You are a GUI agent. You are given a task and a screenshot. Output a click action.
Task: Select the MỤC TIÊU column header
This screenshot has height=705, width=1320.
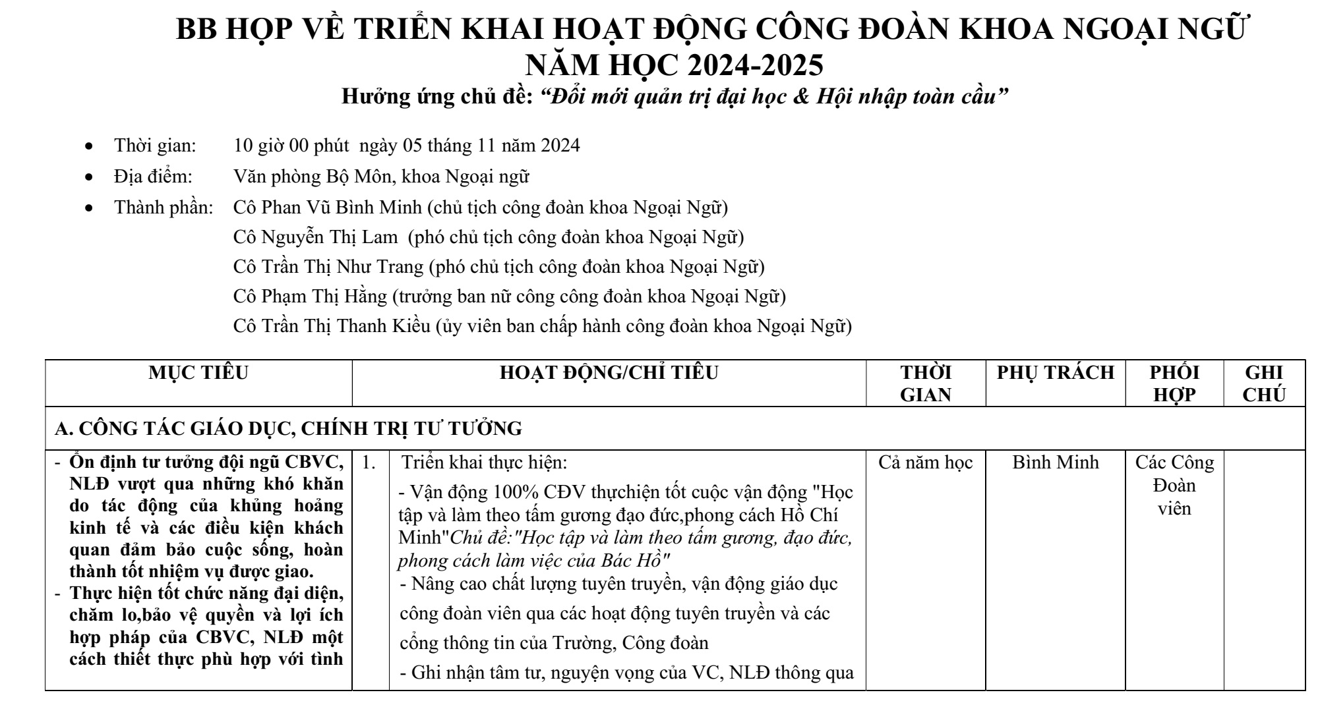(x=198, y=373)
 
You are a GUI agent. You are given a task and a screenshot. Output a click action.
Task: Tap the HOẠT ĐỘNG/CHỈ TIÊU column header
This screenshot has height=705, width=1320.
(x=609, y=373)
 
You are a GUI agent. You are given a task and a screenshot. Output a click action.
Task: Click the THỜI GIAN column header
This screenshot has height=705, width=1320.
(x=926, y=383)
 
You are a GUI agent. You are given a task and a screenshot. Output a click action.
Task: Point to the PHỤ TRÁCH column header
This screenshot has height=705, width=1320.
(x=1056, y=373)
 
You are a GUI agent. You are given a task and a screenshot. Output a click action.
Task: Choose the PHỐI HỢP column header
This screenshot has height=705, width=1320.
(x=1174, y=383)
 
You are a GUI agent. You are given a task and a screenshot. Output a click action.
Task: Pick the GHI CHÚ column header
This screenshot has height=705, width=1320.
(x=1264, y=383)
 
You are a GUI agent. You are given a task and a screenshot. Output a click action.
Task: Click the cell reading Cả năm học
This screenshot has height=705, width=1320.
(x=926, y=463)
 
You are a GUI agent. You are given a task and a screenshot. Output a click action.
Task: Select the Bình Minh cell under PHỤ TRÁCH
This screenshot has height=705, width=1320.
(x=1056, y=463)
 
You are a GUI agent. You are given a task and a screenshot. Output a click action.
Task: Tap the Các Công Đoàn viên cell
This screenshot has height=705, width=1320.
(x=1174, y=486)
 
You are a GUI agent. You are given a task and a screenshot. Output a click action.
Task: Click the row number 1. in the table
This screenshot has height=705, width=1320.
(x=369, y=463)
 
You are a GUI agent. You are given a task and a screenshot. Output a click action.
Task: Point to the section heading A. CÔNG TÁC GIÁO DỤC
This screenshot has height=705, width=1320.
(x=288, y=429)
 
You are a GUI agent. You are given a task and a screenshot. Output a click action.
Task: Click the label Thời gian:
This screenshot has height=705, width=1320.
(x=156, y=146)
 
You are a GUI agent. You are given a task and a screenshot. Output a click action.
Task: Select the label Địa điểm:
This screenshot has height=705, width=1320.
(x=153, y=177)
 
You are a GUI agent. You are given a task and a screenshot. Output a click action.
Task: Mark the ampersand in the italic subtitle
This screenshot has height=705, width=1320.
(x=800, y=98)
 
